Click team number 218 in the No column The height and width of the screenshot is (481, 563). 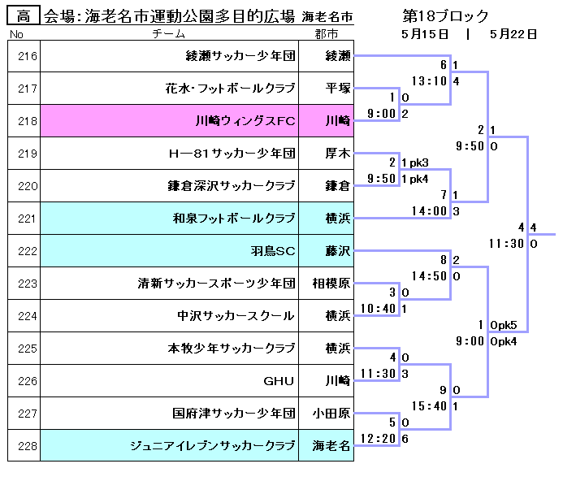24,121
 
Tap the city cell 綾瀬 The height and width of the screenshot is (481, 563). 338,56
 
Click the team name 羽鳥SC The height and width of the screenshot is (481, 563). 273,251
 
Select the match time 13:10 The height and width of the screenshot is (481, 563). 430,81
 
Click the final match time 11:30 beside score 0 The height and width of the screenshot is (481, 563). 507,243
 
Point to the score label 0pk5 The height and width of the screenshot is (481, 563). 504,325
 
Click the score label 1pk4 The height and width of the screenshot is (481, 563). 417,179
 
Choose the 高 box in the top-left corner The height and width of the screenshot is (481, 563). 24,15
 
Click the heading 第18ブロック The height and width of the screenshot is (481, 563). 445,15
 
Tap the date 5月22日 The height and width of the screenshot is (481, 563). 513,34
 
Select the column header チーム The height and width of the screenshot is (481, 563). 169,34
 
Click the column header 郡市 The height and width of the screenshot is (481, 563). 327,34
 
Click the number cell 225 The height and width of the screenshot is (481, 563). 24,349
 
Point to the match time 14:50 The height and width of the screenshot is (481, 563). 430,276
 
